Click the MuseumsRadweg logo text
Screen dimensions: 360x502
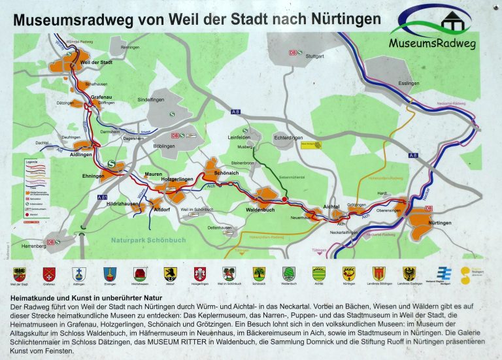(433, 44)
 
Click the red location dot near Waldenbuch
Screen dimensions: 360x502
(284, 199)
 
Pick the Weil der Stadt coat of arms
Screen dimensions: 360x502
(18, 273)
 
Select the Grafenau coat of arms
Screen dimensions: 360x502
(49, 273)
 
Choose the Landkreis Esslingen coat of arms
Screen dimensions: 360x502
(410, 273)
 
